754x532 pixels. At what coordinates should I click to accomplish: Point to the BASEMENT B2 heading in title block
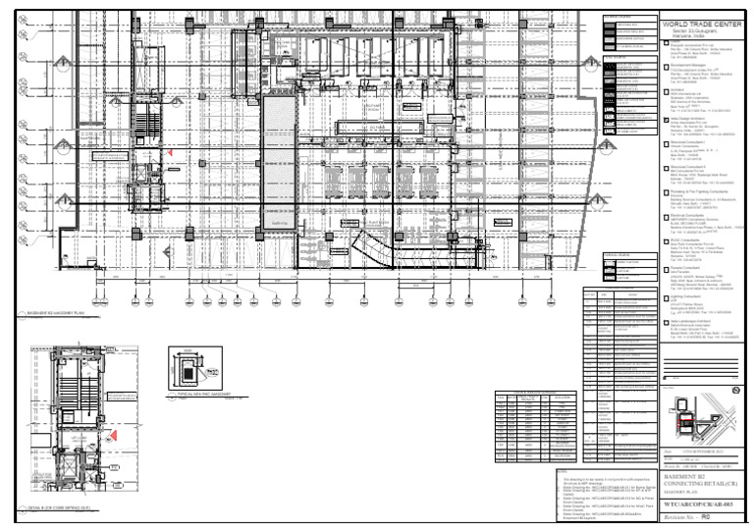click(683, 474)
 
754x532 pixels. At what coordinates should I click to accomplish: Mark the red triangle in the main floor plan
click(169, 153)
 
